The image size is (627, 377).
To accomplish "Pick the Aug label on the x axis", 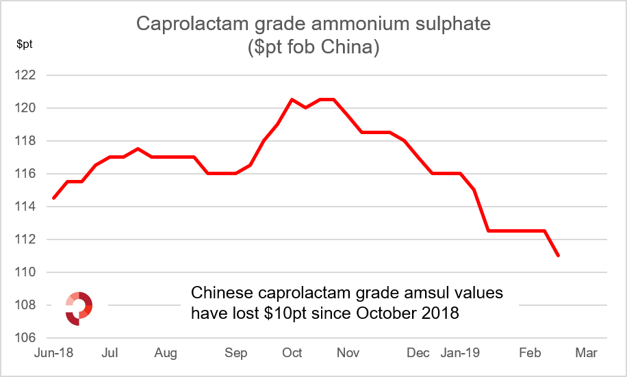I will click(166, 353).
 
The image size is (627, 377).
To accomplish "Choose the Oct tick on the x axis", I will click(292, 353).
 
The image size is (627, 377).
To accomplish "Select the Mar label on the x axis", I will click(587, 353).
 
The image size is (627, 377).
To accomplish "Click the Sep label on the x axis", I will click(235, 353).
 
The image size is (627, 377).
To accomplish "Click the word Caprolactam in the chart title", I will click(191, 25).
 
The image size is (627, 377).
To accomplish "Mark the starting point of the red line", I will click(53, 198).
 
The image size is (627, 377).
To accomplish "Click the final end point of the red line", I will click(559, 256).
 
